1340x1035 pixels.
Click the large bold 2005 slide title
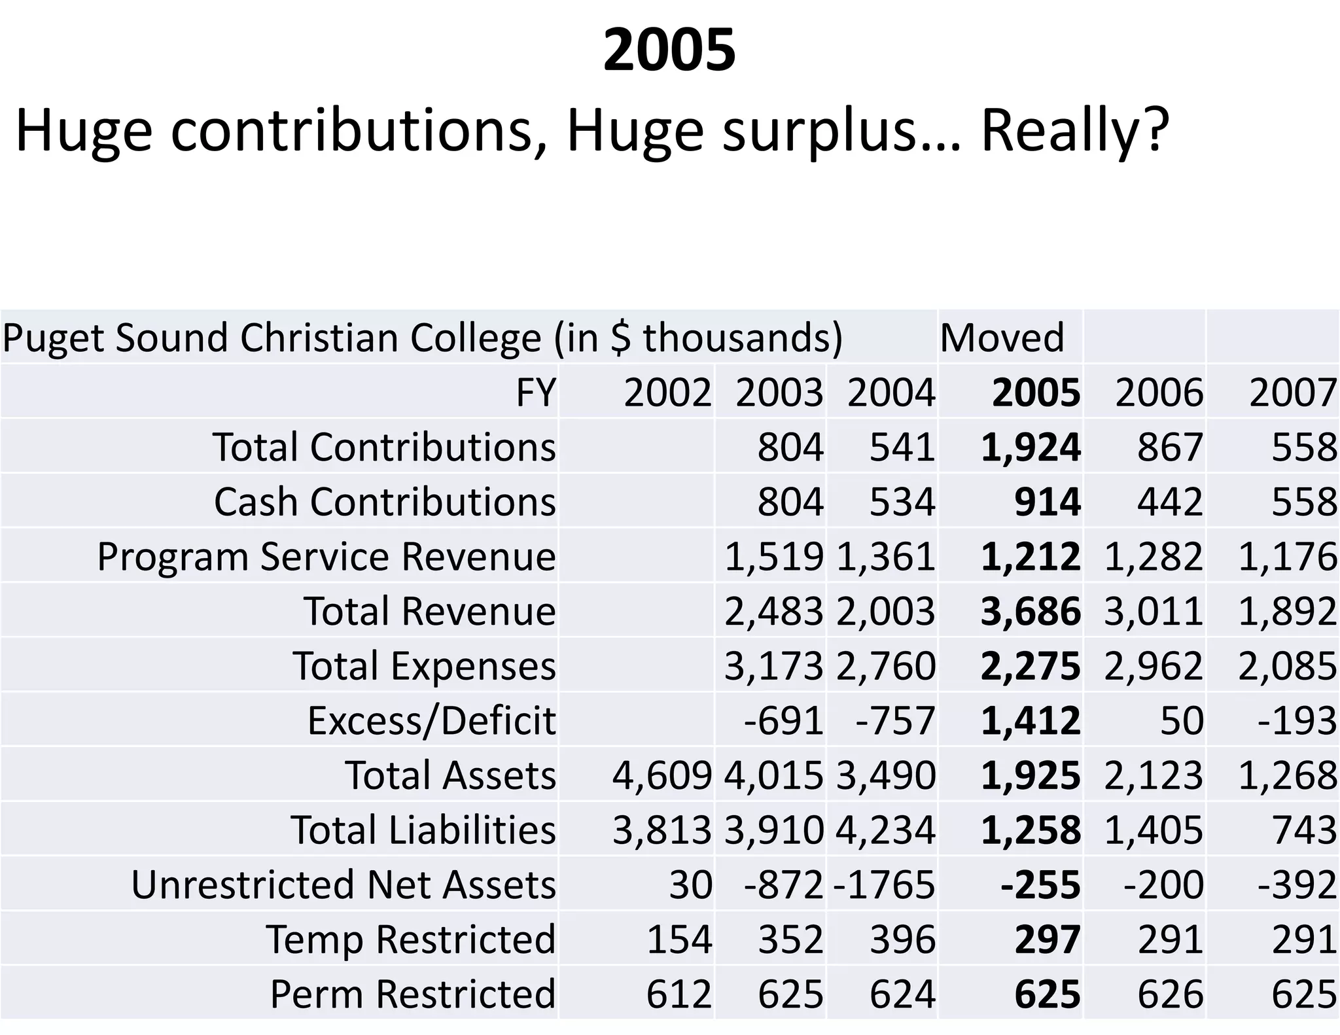tap(669, 50)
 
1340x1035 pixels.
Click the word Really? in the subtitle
tap(1074, 131)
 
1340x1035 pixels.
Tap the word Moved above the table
tap(1002, 338)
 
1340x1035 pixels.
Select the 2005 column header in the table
tap(1036, 393)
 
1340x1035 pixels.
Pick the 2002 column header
tap(667, 393)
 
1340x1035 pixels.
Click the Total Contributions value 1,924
tap(1031, 447)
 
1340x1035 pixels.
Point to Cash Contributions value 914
tap(1047, 502)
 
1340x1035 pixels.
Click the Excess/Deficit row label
tap(431, 720)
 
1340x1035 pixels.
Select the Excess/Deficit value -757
tap(895, 720)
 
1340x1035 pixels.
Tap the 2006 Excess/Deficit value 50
tap(1182, 720)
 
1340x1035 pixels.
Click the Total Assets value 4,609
tap(661, 775)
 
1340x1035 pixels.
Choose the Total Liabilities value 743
tap(1303, 830)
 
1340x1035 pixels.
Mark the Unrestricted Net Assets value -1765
tap(885, 885)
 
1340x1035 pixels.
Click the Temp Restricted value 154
tap(679, 939)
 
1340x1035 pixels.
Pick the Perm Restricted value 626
tap(1170, 994)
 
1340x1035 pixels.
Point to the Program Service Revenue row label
tap(326, 557)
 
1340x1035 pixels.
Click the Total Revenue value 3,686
tap(1031, 611)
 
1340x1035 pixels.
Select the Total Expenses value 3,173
tap(773, 666)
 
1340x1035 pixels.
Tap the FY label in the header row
tap(536, 393)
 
